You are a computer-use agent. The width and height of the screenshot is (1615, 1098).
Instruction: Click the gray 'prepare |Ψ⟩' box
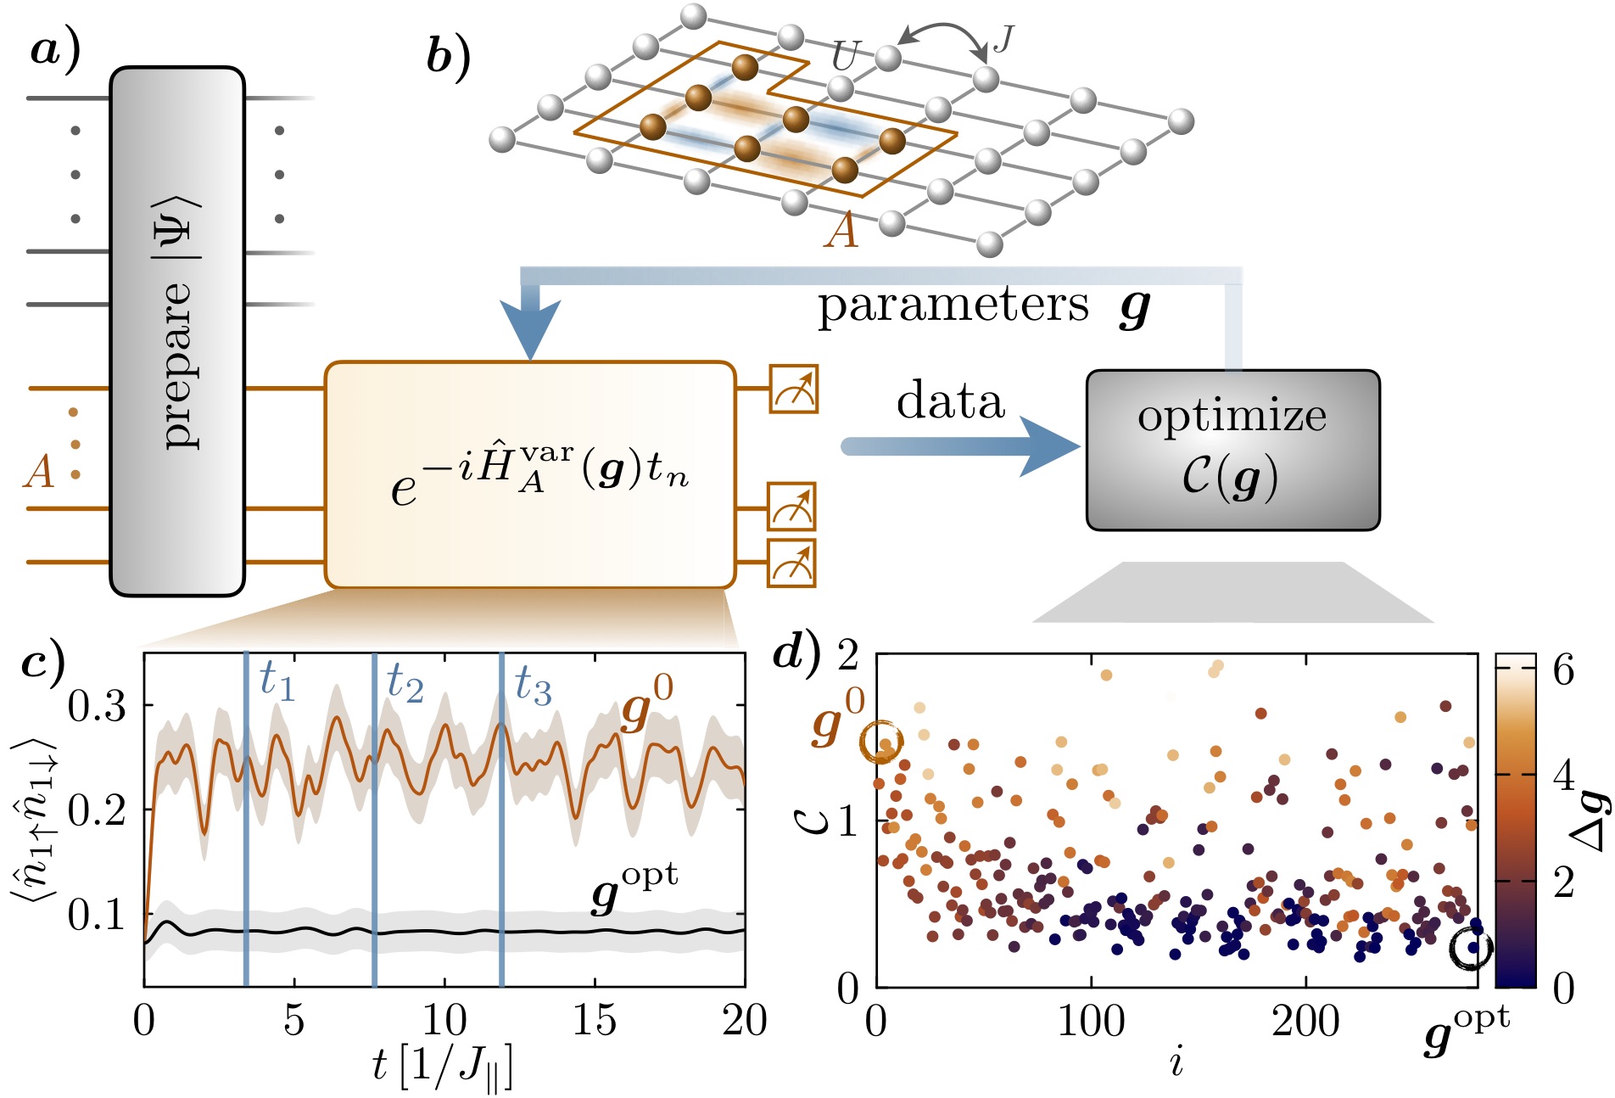click(x=177, y=331)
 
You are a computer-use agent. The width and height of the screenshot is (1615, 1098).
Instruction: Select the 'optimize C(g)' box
click(x=1232, y=450)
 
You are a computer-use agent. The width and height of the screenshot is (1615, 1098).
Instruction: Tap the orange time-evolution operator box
click(x=530, y=474)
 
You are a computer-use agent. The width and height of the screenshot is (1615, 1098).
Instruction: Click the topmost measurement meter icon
click(x=793, y=389)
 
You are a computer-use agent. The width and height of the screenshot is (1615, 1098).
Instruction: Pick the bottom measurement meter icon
click(x=791, y=563)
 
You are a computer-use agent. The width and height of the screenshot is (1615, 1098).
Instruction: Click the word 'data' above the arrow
click(x=950, y=401)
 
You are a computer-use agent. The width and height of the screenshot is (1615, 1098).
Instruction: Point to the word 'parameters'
click(x=953, y=305)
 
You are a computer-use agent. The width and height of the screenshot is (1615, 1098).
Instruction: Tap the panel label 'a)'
click(x=55, y=50)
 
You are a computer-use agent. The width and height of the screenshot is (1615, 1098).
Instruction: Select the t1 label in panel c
click(x=277, y=681)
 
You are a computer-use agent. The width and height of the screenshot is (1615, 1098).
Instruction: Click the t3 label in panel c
click(x=534, y=685)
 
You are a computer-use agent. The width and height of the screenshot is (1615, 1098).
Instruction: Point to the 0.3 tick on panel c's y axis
click(x=96, y=705)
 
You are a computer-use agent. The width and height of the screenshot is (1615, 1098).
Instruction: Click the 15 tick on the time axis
click(x=594, y=1021)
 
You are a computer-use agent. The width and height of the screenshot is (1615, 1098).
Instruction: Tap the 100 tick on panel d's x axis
click(x=1091, y=1021)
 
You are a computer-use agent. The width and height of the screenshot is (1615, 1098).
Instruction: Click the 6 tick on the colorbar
click(x=1563, y=670)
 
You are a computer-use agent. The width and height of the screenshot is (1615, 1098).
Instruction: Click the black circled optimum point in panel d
click(x=1471, y=948)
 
